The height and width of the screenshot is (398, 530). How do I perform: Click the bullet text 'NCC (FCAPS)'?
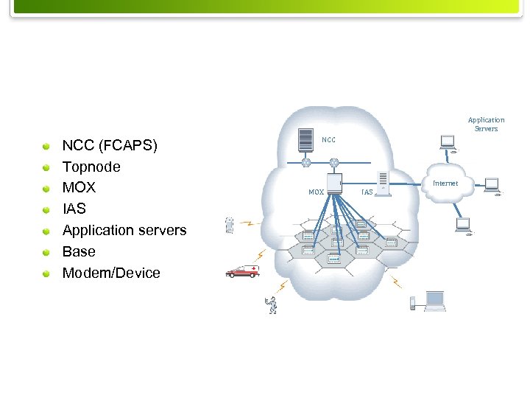pyautogui.click(x=110, y=145)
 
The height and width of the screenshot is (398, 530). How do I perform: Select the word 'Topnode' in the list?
pyautogui.click(x=91, y=167)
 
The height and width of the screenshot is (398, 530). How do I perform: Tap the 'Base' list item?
pyautogui.click(x=79, y=251)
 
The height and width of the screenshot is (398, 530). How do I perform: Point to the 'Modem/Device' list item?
pyautogui.click(x=111, y=273)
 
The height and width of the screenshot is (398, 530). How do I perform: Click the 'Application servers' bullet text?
pyautogui.click(x=124, y=230)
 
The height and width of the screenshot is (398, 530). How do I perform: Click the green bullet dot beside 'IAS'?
pyautogui.click(x=46, y=210)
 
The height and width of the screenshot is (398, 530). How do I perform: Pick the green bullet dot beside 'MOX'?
pyautogui.click(x=46, y=189)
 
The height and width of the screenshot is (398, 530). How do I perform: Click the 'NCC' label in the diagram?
pyautogui.click(x=328, y=139)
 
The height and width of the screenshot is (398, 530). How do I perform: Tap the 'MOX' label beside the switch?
pyautogui.click(x=316, y=192)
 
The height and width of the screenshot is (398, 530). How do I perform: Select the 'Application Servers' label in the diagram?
pyautogui.click(x=486, y=124)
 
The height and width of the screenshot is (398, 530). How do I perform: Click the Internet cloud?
pyautogui.click(x=446, y=184)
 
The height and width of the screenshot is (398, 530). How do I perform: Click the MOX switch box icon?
pyautogui.click(x=335, y=184)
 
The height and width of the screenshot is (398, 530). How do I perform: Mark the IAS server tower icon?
pyautogui.click(x=383, y=184)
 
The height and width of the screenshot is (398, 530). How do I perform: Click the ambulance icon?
pyautogui.click(x=241, y=272)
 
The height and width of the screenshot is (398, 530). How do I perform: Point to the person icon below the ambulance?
pyautogui.click(x=273, y=304)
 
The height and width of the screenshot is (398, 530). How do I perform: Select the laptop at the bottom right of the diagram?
pyautogui.click(x=435, y=300)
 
